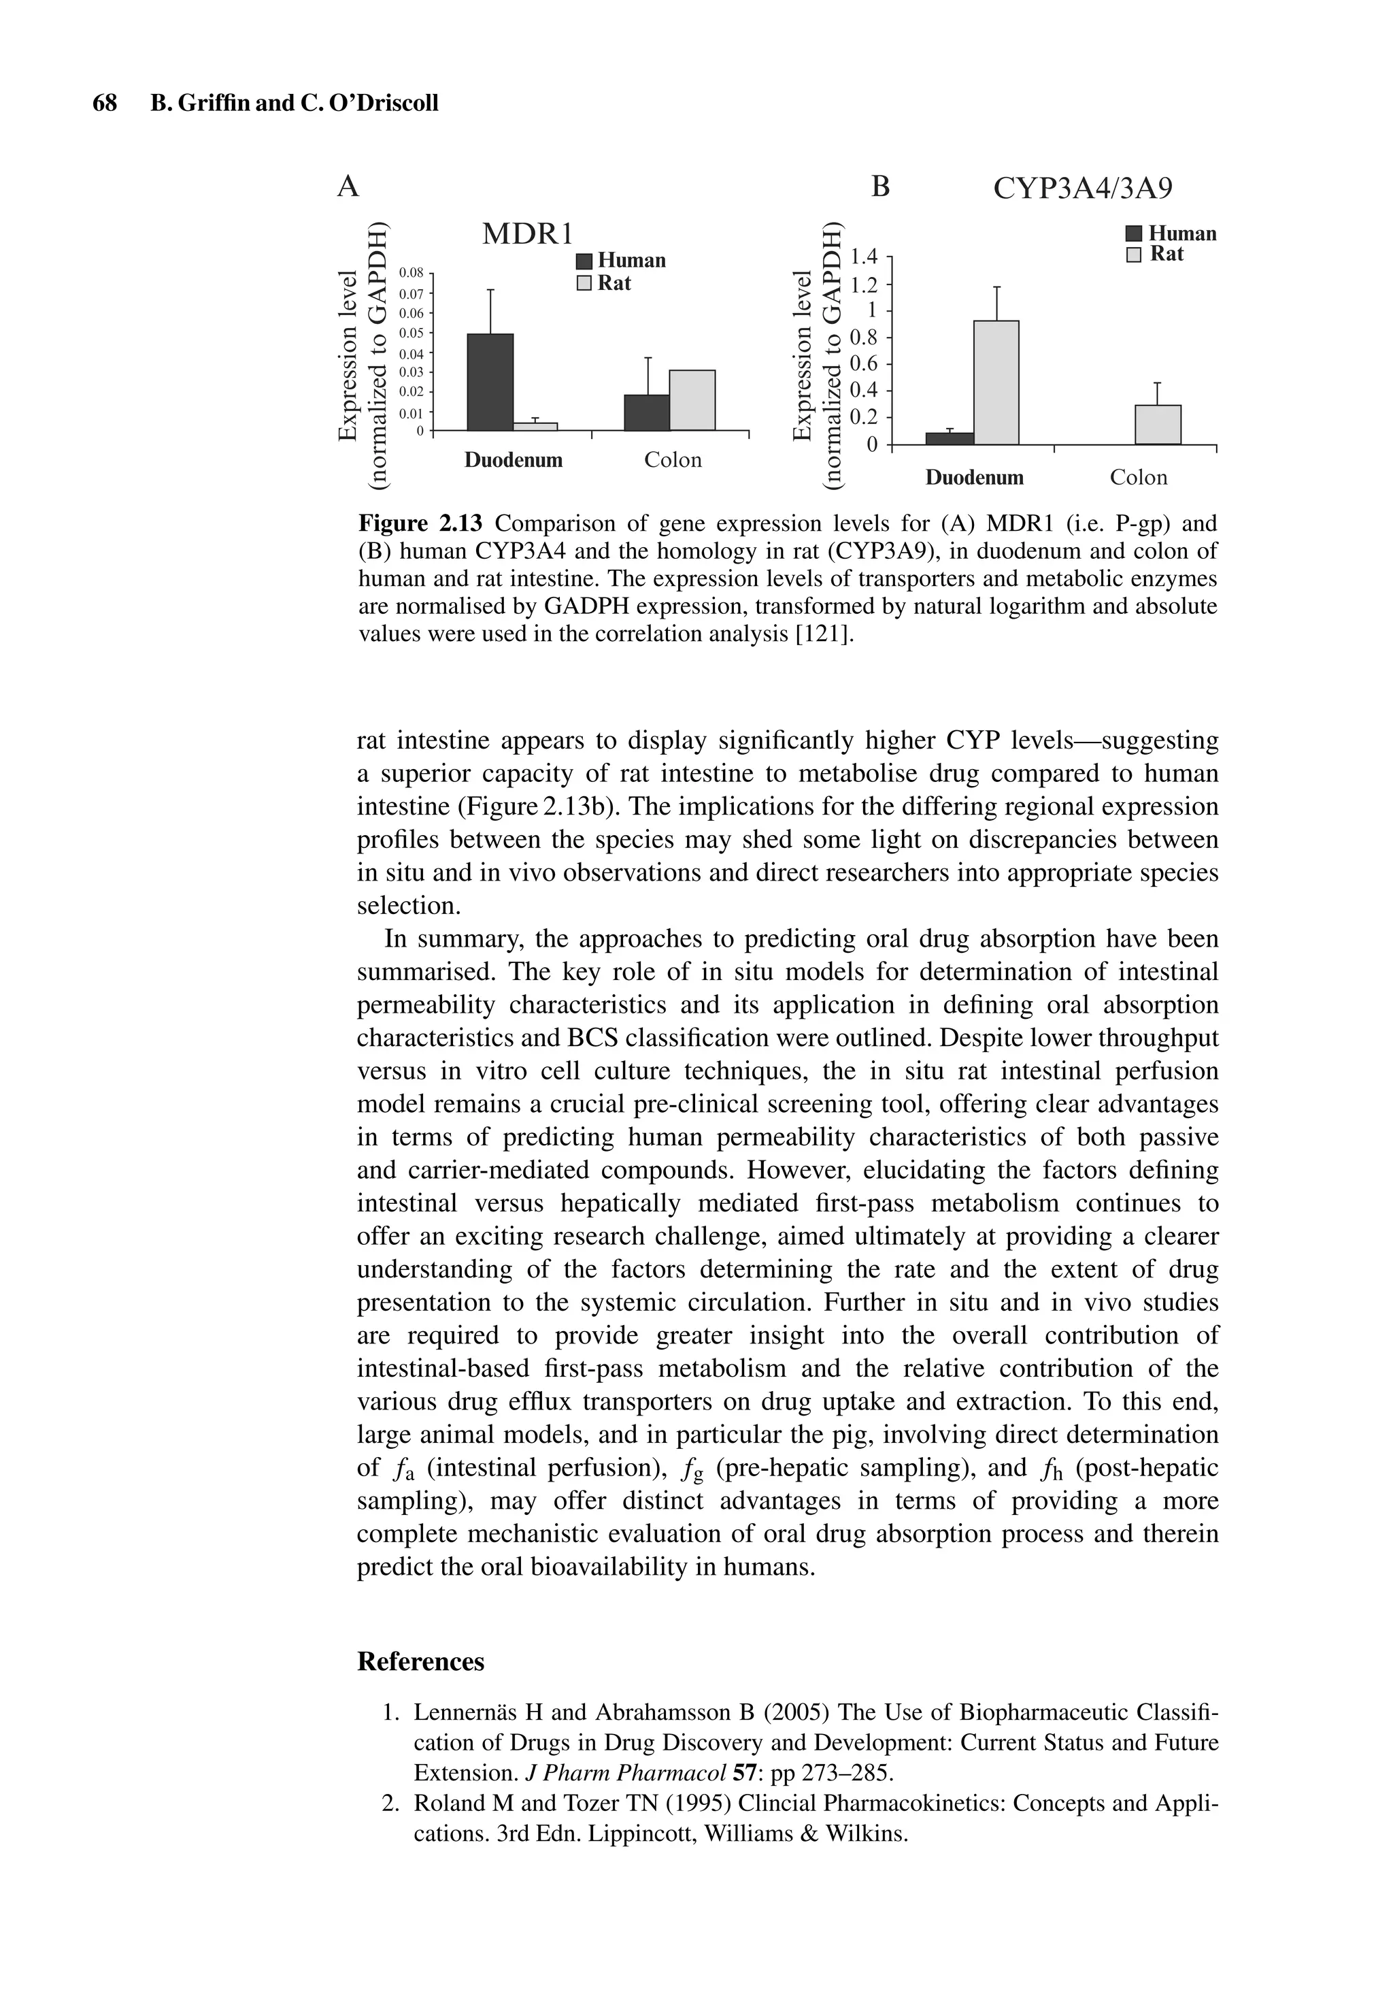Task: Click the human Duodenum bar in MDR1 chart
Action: (489, 382)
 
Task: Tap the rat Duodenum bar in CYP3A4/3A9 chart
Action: (996, 382)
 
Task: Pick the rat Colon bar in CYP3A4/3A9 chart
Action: (1157, 424)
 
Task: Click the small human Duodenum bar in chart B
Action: (949, 438)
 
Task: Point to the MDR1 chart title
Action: (527, 234)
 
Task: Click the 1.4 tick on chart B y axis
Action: (865, 256)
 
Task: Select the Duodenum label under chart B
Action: (974, 477)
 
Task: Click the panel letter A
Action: (347, 186)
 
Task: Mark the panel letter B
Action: (879, 186)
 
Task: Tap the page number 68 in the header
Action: (104, 103)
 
